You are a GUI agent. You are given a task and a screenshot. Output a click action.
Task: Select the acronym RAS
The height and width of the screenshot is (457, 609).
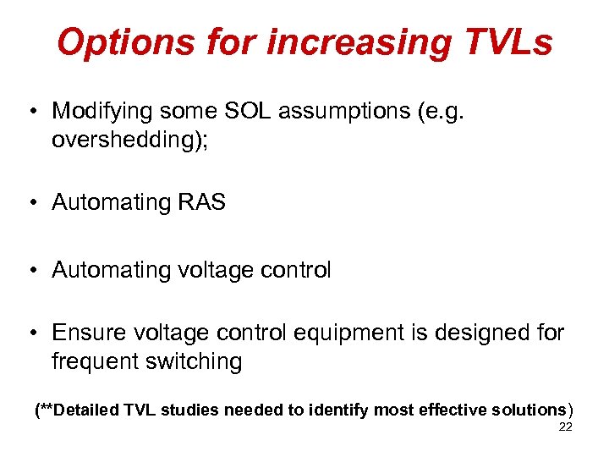coord(202,202)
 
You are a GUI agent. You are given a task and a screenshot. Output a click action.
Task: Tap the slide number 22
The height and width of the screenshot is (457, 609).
coord(565,427)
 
